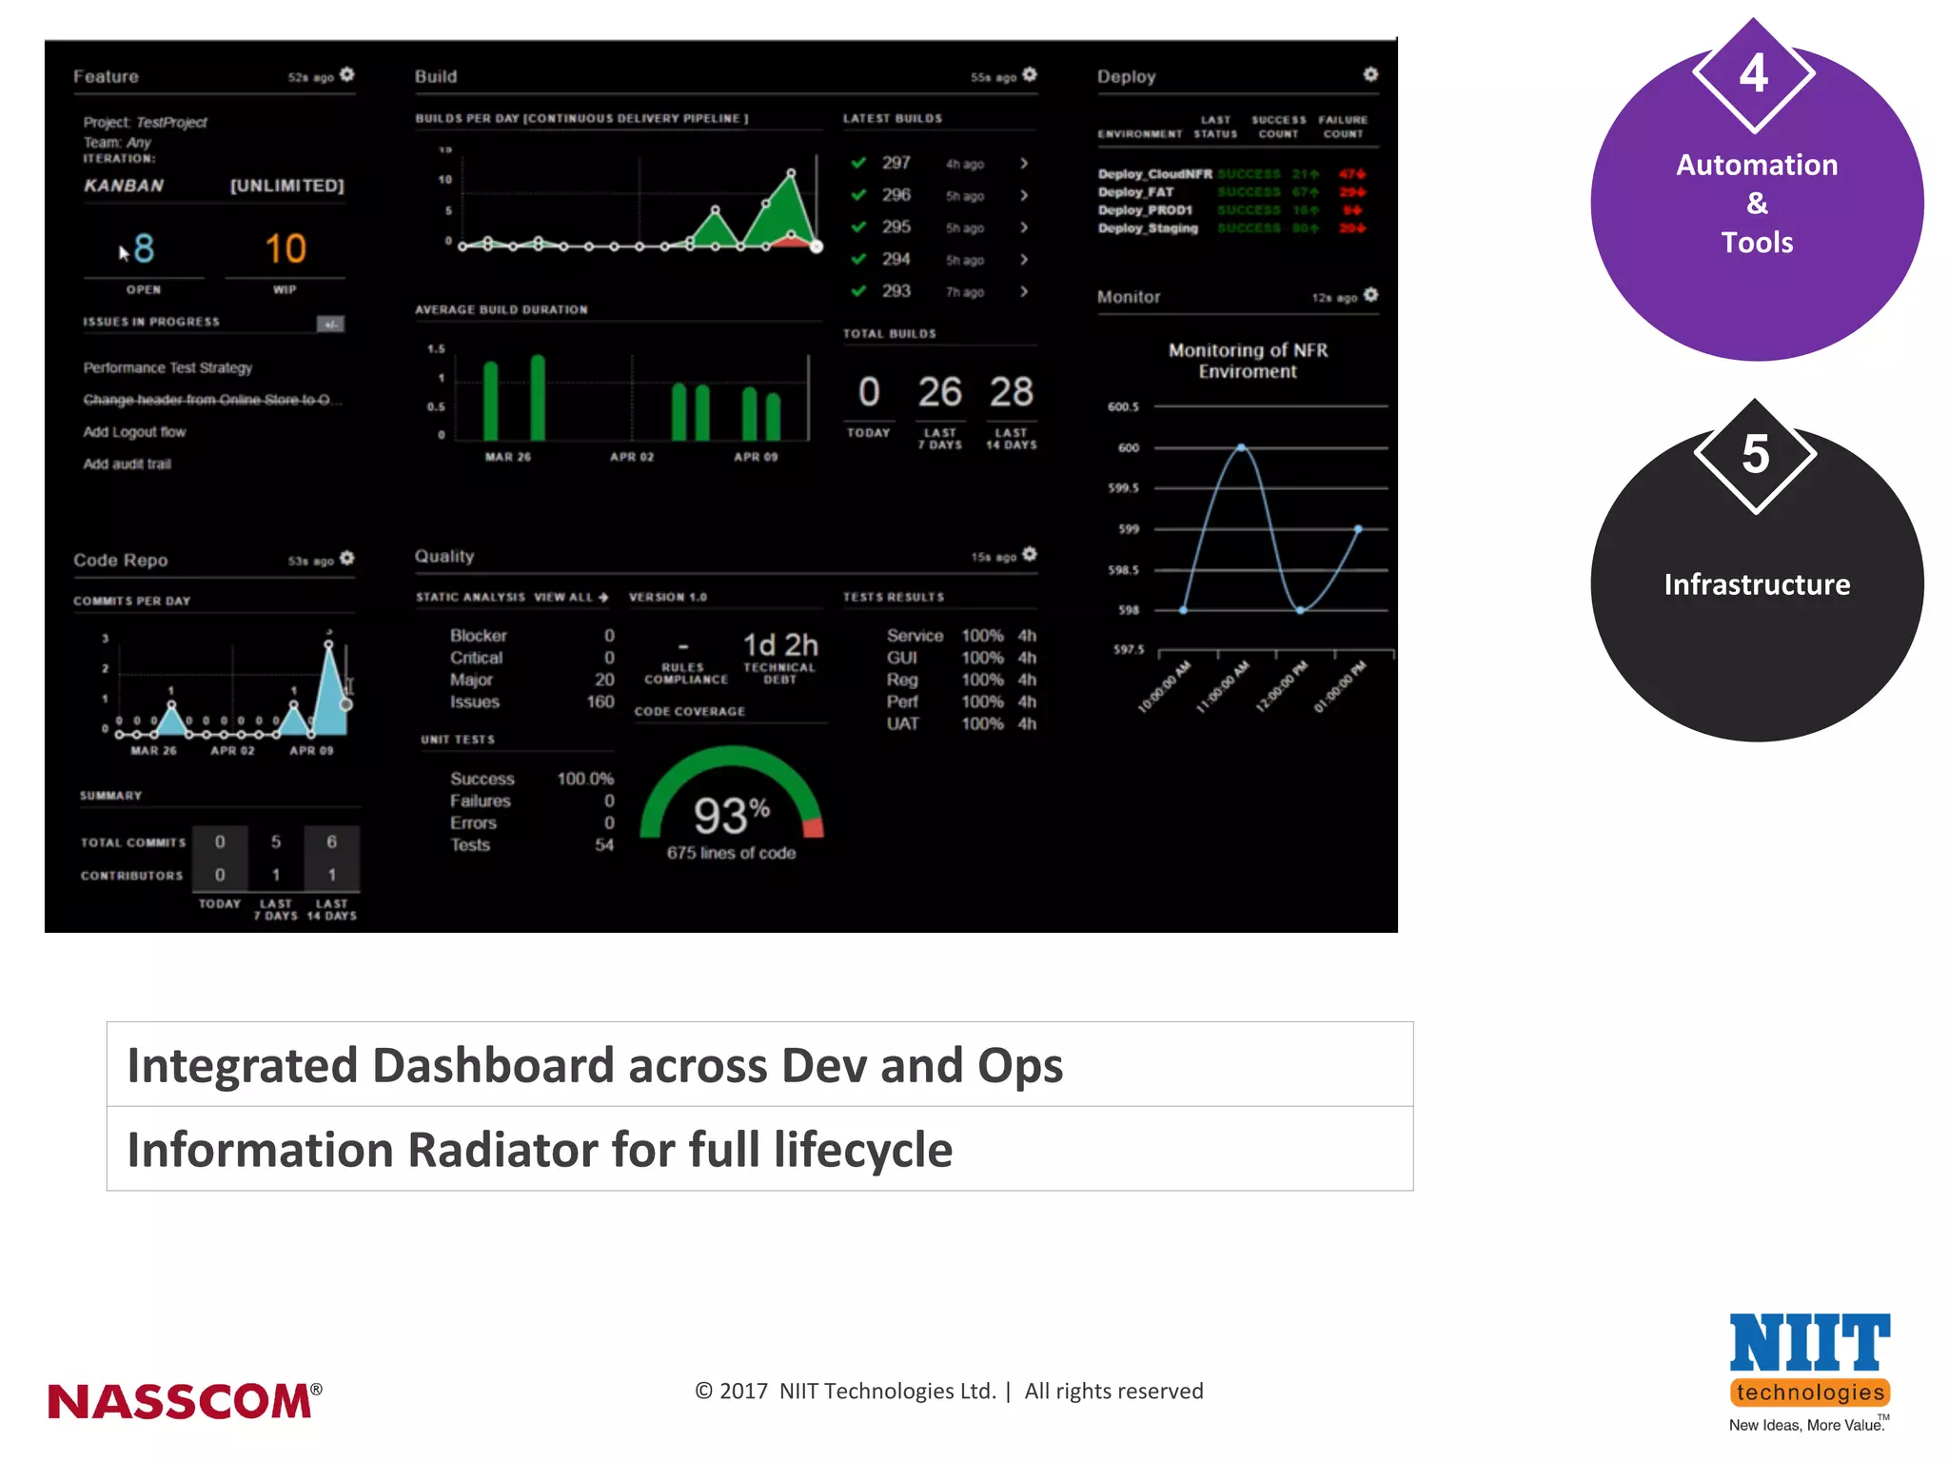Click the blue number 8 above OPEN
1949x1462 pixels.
pyautogui.click(x=144, y=249)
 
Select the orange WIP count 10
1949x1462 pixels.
pyautogui.click(x=285, y=249)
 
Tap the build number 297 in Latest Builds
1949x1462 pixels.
pyautogui.click(x=896, y=164)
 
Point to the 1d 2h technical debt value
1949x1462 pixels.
pyautogui.click(x=780, y=645)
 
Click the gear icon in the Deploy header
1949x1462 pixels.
pyautogui.click(x=1370, y=74)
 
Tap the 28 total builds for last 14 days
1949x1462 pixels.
pyautogui.click(x=1011, y=392)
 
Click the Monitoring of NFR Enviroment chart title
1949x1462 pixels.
pyautogui.click(x=1248, y=361)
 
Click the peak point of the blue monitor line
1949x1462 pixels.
pyautogui.click(x=1241, y=446)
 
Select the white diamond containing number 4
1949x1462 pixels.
pyautogui.click(x=1754, y=74)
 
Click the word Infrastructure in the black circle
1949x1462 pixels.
pyautogui.click(x=1757, y=584)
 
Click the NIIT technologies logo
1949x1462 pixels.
pyautogui.click(x=1809, y=1371)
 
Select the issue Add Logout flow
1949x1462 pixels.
pyautogui.click(x=134, y=432)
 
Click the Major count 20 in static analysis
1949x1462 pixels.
pyautogui.click(x=604, y=680)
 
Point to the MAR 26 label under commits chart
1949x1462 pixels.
pyautogui.click(x=153, y=751)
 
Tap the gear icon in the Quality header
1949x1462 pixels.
pyautogui.click(x=1030, y=554)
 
